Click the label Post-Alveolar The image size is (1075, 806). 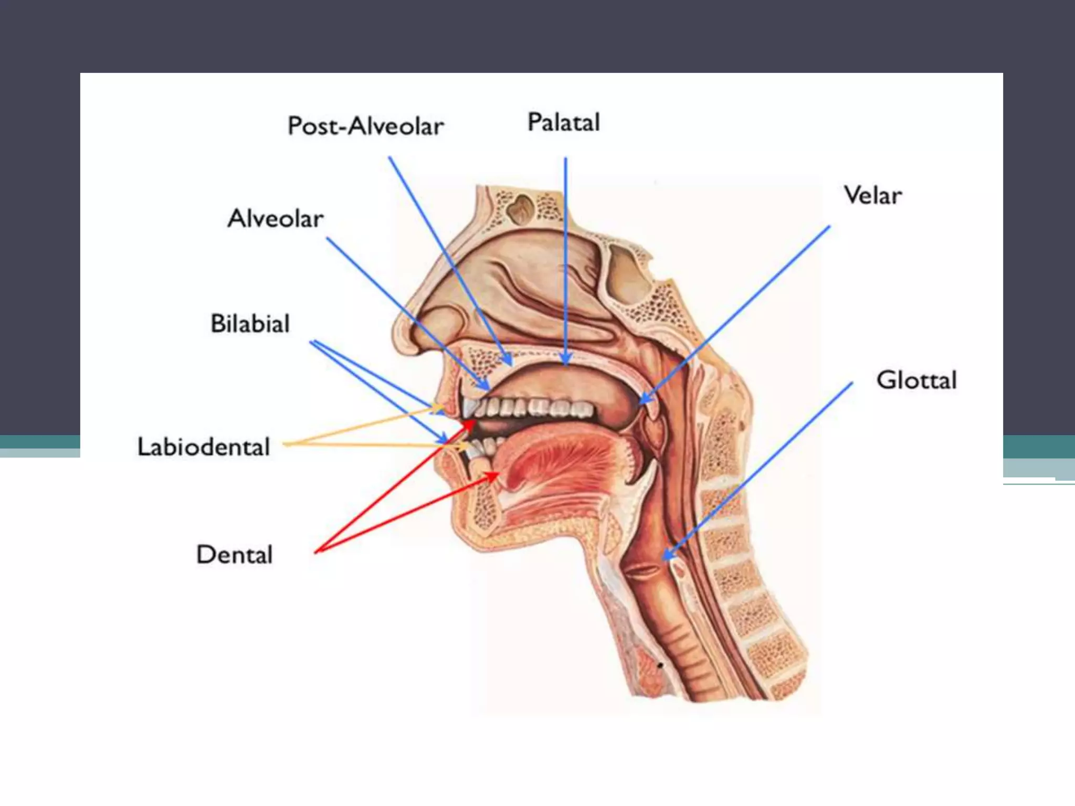point(366,126)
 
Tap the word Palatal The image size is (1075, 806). point(563,123)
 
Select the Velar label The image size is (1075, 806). point(872,196)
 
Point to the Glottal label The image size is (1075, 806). point(916,380)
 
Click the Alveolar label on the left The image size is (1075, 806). point(276,219)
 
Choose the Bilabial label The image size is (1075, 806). point(250,324)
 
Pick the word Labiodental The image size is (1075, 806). point(204,447)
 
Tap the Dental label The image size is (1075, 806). point(235,555)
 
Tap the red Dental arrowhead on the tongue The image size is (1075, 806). point(496,474)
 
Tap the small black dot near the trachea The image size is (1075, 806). point(660,665)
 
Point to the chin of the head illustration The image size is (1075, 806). point(462,530)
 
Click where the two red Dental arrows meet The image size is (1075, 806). point(316,552)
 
